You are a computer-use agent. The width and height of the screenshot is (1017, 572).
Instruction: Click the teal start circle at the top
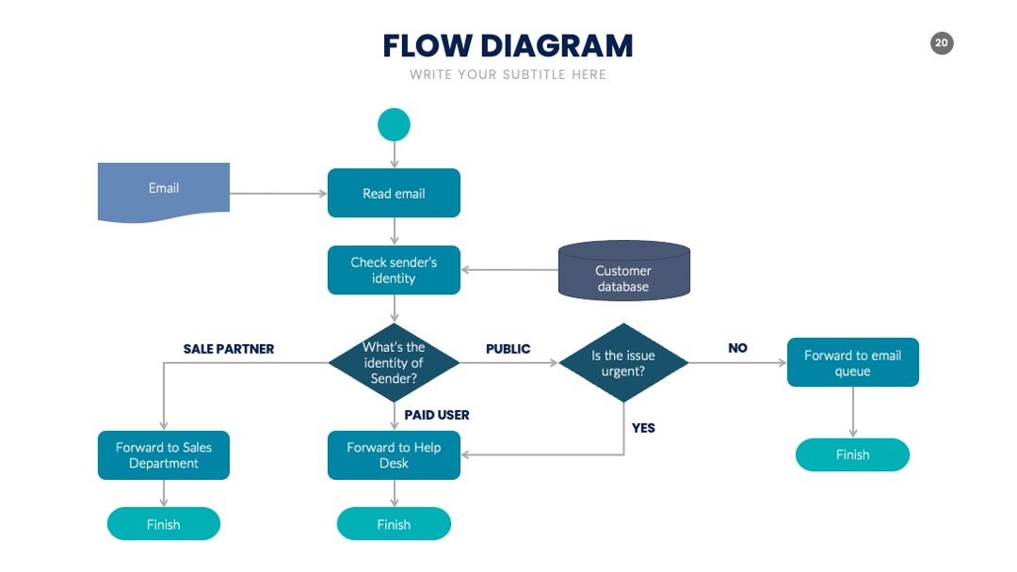[x=394, y=124]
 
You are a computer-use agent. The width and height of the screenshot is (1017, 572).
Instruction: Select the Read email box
[x=394, y=193]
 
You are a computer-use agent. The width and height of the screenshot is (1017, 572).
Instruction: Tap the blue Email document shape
[x=164, y=192]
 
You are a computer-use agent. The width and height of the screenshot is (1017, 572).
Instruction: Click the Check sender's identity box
[x=394, y=270]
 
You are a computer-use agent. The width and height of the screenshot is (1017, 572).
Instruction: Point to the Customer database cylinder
[x=624, y=271]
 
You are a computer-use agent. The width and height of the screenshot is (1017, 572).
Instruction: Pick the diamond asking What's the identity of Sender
[x=394, y=363]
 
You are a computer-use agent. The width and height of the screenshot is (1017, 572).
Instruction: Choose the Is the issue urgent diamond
[x=623, y=363]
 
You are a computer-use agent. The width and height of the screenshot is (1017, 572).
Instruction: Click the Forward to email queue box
[x=853, y=362]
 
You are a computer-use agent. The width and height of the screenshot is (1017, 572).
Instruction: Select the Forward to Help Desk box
[x=394, y=455]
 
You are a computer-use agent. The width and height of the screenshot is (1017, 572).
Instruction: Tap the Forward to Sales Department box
[x=164, y=455]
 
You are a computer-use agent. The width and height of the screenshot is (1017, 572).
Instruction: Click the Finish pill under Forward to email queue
[x=852, y=454]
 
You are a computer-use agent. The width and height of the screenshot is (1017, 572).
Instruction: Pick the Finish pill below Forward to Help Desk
[x=394, y=524]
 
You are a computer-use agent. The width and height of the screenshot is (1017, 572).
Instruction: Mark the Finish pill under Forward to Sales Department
[x=164, y=524]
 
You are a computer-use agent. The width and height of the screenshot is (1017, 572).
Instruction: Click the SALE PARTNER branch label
[x=228, y=349]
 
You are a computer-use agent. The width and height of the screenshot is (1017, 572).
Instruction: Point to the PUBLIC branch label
[x=508, y=349]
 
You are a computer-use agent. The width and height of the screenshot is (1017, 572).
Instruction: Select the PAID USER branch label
[x=437, y=415]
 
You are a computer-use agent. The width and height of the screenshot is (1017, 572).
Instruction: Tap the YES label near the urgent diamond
[x=643, y=428]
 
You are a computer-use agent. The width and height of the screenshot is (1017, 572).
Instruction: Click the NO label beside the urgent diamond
[x=737, y=348]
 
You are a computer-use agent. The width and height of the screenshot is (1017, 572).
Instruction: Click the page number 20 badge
[x=942, y=43]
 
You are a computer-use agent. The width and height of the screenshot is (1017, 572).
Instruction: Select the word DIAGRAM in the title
[x=557, y=46]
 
